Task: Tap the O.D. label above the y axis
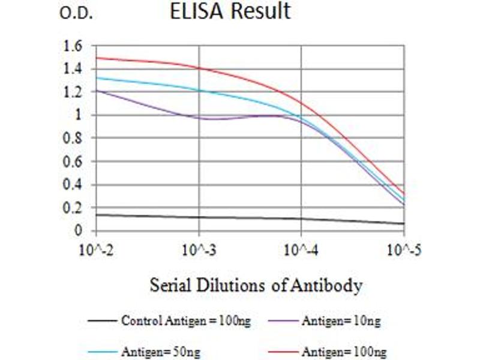(x=76, y=14)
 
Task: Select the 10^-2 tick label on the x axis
(x=96, y=248)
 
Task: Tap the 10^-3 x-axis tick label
(x=199, y=248)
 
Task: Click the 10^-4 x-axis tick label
(x=301, y=248)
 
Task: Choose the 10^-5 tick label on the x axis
(x=403, y=248)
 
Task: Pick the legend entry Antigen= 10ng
(x=340, y=321)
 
